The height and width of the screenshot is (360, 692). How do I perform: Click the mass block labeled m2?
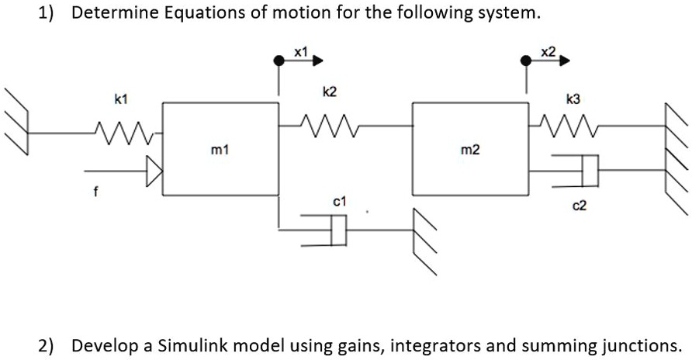point(470,147)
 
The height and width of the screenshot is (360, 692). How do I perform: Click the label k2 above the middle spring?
point(329,92)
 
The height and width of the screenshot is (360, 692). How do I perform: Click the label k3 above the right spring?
point(573,99)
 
